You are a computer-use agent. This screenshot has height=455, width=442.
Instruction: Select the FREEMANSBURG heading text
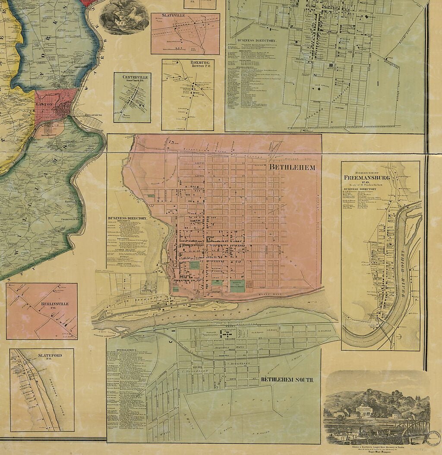pos(366,177)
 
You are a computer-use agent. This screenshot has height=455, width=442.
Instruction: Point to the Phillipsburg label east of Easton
pos(89,116)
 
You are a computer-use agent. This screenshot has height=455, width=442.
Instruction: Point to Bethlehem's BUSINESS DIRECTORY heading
pos(127,218)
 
